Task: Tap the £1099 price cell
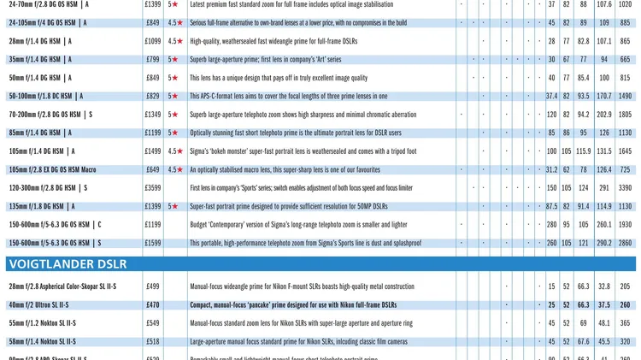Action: point(153,41)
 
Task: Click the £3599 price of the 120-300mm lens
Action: point(153,188)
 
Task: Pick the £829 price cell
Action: point(153,97)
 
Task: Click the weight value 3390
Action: point(625,188)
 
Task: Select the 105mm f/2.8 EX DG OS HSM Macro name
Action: point(52,169)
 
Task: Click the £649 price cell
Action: point(153,169)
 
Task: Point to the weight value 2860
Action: point(625,243)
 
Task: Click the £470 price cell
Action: point(153,304)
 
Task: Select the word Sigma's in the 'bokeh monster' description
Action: point(200,151)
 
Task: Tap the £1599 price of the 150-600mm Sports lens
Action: point(153,243)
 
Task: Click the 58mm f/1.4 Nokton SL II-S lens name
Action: point(42,341)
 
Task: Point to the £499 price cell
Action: point(153,286)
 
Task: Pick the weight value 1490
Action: point(625,97)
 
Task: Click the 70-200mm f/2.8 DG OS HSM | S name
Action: point(50,115)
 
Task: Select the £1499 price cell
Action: point(153,151)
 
